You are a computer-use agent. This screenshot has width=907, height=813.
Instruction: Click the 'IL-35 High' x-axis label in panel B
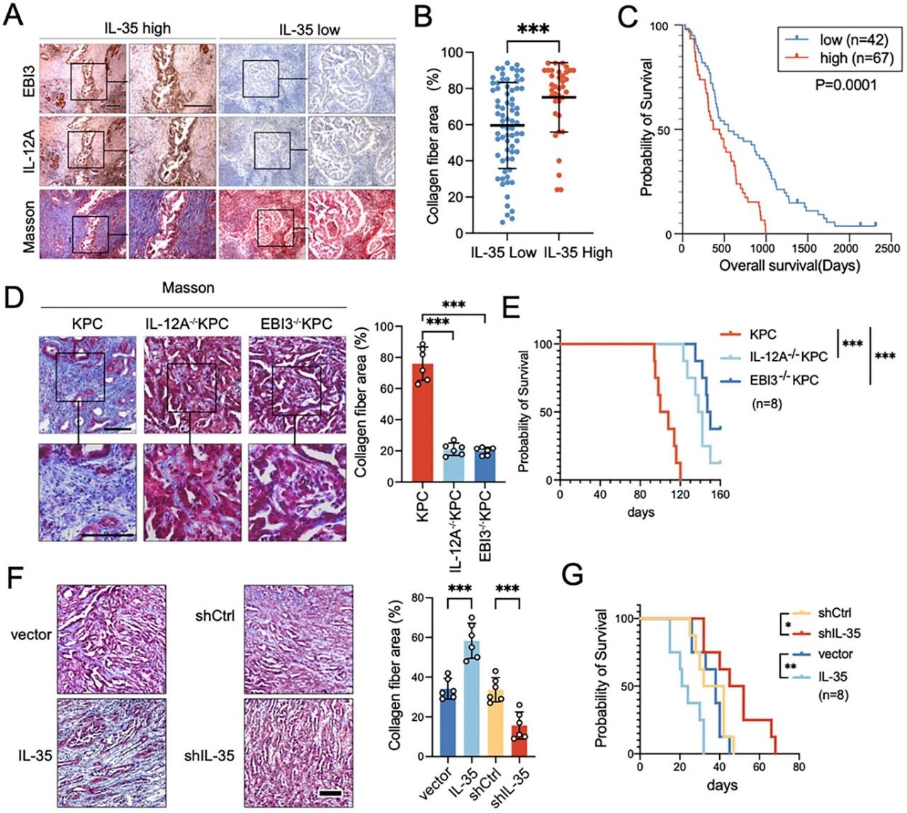578,252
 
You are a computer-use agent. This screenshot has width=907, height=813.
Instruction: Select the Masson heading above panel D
188,288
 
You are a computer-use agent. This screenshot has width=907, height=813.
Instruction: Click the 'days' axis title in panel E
641,512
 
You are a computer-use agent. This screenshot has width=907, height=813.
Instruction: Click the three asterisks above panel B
534,29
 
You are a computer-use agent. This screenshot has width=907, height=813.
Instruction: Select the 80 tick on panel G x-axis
799,768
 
